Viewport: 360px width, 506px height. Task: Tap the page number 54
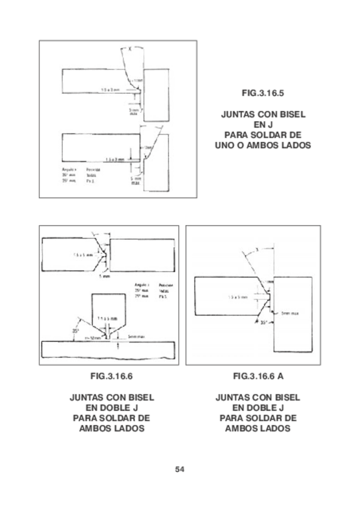[x=180, y=468]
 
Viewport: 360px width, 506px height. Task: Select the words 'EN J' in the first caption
[x=263, y=124]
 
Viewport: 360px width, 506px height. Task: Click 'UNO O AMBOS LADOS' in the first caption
[x=263, y=144]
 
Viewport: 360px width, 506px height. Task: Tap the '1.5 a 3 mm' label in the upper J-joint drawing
[x=112, y=90]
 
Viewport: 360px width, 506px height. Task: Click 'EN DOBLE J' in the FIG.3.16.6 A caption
[x=257, y=408]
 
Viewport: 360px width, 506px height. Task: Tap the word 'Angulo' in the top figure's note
[x=63, y=169]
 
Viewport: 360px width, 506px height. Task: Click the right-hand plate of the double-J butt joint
[x=143, y=255]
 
